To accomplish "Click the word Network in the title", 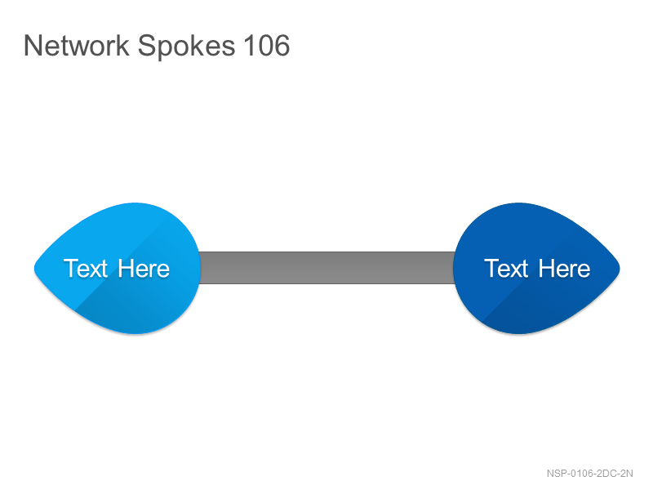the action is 77,45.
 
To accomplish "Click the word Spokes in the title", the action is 186,47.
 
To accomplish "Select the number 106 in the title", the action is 267,45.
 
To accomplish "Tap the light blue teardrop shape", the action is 118,269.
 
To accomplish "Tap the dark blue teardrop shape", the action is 536,269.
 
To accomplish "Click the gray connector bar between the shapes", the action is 327,268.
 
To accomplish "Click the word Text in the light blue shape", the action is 86,269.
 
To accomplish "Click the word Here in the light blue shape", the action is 144,269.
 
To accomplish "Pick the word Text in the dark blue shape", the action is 506,269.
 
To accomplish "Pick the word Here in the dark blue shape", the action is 564,269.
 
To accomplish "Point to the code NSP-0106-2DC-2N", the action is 589,474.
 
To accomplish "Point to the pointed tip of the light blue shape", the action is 34,269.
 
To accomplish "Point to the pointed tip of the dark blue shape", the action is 620,269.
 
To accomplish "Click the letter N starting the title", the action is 32,45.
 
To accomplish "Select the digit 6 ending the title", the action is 282,45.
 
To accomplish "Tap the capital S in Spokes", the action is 146,45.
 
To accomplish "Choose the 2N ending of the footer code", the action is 627,474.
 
